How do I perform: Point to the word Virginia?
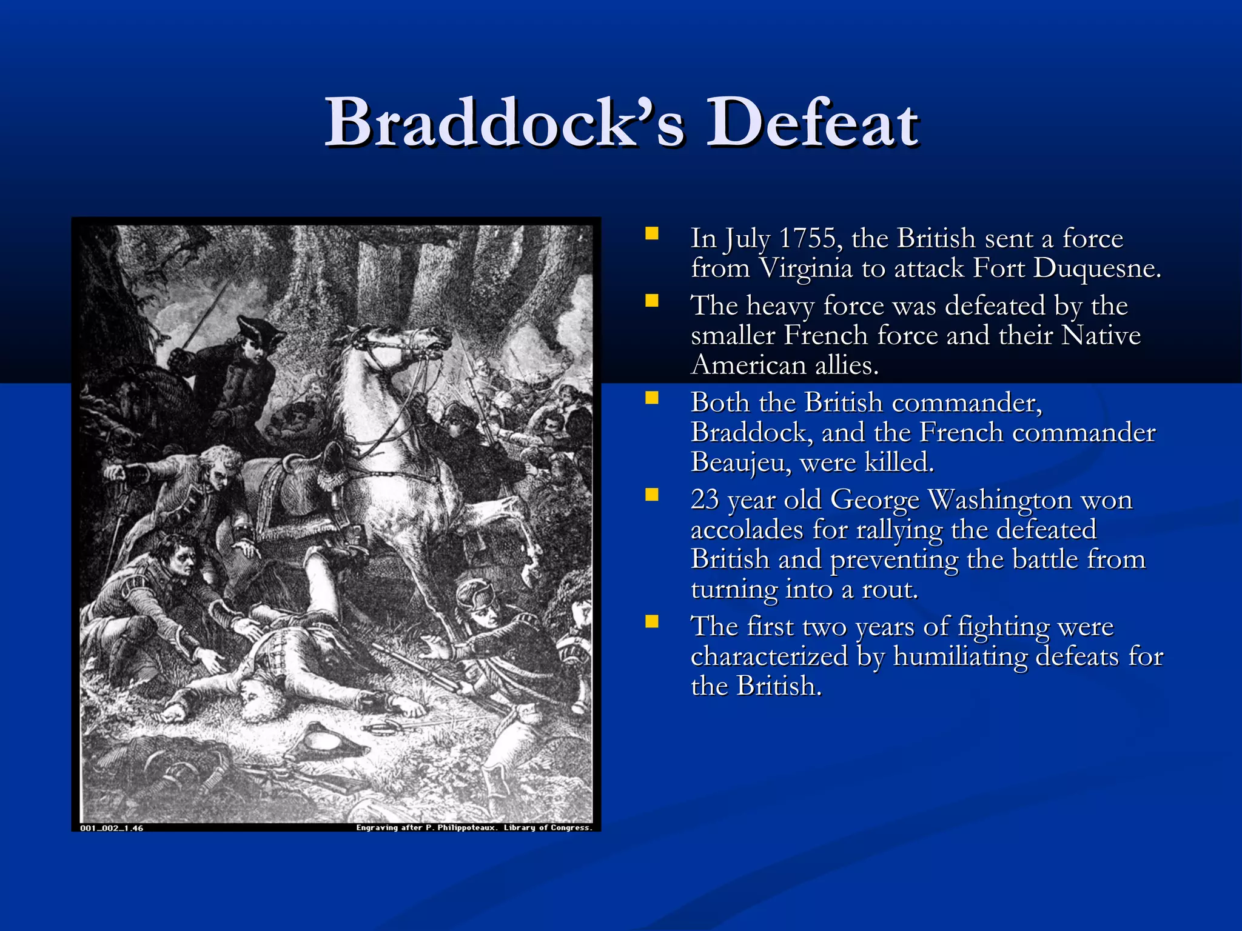click(806, 269)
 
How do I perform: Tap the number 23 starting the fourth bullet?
click(705, 500)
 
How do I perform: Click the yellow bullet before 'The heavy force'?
click(652, 301)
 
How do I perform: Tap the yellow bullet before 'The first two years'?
click(652, 622)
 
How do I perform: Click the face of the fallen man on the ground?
click(258, 697)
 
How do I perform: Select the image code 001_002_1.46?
click(112, 828)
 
